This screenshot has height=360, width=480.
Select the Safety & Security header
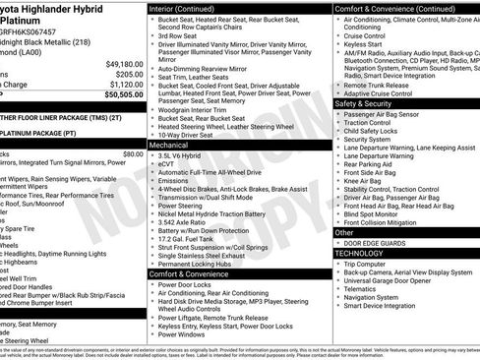363,103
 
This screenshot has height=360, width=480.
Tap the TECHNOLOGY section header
359,254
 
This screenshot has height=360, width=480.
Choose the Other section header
345,233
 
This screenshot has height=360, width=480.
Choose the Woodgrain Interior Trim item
194,110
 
